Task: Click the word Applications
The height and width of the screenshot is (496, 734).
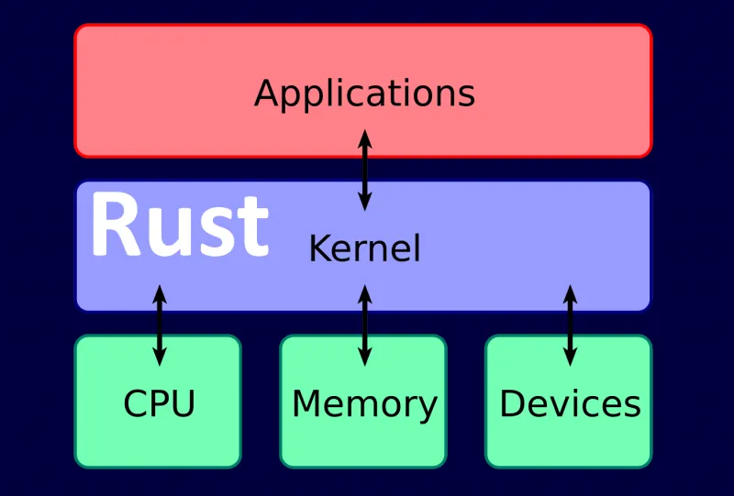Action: [x=364, y=94]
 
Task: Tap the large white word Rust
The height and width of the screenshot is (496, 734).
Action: [x=180, y=226]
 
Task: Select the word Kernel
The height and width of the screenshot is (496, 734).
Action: [x=364, y=248]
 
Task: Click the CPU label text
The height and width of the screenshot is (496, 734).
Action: [x=159, y=403]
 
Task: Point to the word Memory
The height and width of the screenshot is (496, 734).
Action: [x=364, y=404]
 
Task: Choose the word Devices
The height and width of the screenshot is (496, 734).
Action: [x=570, y=403]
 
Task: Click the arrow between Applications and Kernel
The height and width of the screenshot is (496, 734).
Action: [x=364, y=171]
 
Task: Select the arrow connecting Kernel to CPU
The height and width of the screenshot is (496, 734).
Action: [x=159, y=325]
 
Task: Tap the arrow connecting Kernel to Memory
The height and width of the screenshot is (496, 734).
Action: [x=364, y=325]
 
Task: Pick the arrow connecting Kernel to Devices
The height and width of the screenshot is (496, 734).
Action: [x=570, y=325]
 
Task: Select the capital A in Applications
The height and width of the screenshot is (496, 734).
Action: [x=267, y=94]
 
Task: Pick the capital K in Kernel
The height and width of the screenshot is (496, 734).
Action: [x=317, y=248]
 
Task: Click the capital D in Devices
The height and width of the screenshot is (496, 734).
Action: [x=512, y=403]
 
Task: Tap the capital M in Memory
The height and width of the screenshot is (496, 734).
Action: [x=307, y=403]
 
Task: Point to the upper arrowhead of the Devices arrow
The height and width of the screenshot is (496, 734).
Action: [x=570, y=294]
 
